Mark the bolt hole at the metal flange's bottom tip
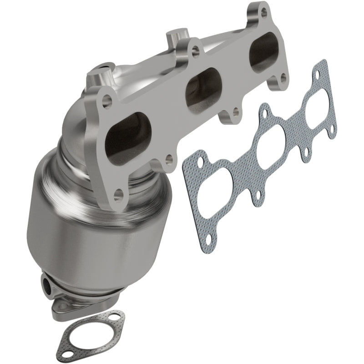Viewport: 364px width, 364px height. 118,196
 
